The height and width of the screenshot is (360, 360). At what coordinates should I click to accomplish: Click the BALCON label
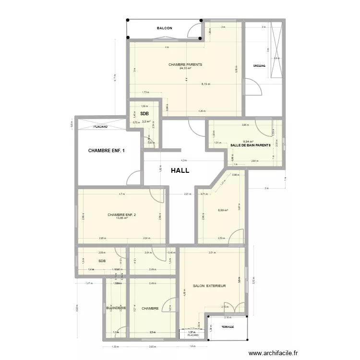pyautogui.click(x=164, y=28)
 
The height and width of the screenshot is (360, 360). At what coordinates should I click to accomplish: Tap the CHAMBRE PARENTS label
pyautogui.click(x=185, y=64)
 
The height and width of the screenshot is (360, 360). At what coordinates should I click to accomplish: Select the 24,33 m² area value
pyautogui.click(x=185, y=68)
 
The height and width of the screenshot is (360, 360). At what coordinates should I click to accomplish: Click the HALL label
pyautogui.click(x=180, y=170)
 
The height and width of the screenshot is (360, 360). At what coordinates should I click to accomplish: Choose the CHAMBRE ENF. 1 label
pyautogui.click(x=107, y=151)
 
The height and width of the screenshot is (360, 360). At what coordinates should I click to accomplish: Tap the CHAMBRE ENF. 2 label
pyautogui.click(x=122, y=215)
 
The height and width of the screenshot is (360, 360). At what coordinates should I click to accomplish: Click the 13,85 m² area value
pyautogui.click(x=122, y=218)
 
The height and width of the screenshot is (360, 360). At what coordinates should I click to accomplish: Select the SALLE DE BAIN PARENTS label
pyautogui.click(x=251, y=145)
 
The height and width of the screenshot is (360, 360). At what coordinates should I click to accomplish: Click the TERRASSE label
pyautogui.click(x=228, y=326)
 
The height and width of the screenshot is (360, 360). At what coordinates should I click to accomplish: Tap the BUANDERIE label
pyautogui.click(x=116, y=308)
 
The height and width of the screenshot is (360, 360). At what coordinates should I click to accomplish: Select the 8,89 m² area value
pyautogui.click(x=223, y=210)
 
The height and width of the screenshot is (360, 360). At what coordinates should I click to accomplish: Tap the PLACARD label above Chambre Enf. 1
pyautogui.click(x=100, y=127)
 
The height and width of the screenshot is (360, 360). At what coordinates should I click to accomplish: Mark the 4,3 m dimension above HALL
pyautogui.click(x=183, y=160)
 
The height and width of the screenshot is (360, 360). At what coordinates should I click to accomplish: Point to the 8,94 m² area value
pyautogui.click(x=248, y=142)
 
